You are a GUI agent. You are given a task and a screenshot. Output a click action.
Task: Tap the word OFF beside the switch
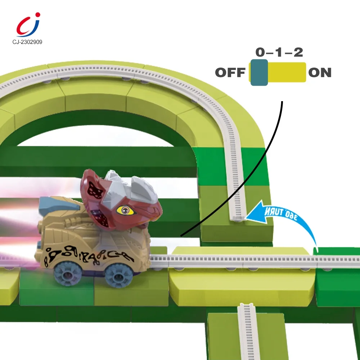point(230,73)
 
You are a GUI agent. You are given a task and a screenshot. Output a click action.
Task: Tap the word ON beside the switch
point(320,73)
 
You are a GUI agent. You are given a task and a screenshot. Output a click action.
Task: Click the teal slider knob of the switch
point(259,72)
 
